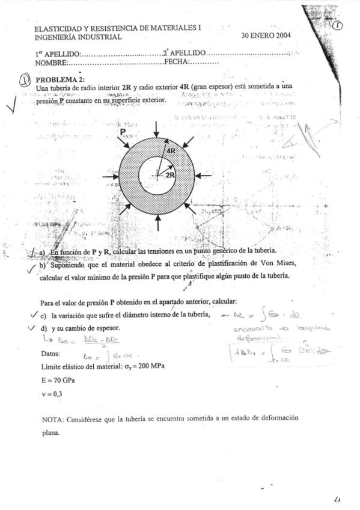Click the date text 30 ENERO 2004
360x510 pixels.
[x=266, y=36]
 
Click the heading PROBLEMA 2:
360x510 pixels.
[x=60, y=79]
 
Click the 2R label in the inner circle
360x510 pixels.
[x=170, y=175]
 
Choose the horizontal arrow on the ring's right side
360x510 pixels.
[x=204, y=175]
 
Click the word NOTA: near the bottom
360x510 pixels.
[x=52, y=418]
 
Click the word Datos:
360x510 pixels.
[x=51, y=353]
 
